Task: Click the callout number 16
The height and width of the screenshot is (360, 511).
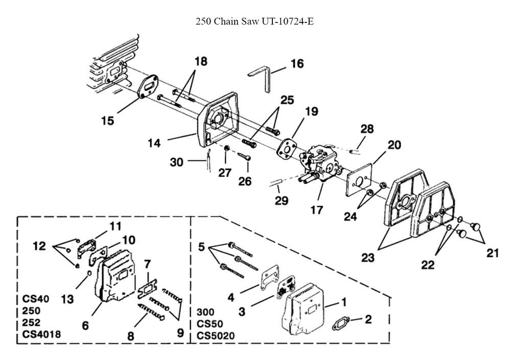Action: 297,64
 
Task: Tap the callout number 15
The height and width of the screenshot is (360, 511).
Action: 107,121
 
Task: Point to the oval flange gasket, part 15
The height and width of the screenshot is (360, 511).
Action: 149,86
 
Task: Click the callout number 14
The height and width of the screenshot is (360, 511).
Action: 154,145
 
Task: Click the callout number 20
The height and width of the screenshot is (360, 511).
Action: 394,145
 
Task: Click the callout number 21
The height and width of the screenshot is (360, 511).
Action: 492,253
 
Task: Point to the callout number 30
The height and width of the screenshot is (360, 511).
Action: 177,162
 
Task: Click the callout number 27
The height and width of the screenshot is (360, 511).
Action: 225,173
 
